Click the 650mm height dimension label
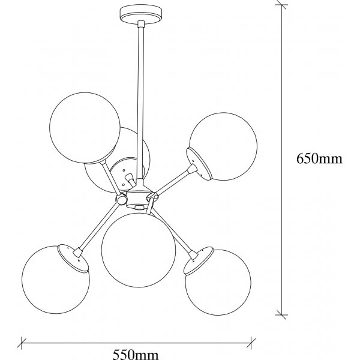(x=319, y=158)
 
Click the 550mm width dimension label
(x=136, y=355)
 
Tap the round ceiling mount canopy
(x=141, y=15)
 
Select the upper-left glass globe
(x=85, y=128)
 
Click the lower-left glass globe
(x=56, y=280)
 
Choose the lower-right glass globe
(x=218, y=283)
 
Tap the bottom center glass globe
(x=139, y=250)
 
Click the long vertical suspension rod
(x=140, y=101)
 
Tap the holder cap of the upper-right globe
(x=199, y=164)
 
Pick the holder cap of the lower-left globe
(x=73, y=258)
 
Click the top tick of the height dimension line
(x=282, y=5)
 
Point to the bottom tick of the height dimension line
(x=282, y=315)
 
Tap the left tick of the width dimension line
(x=22, y=343)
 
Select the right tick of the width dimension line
(x=251, y=343)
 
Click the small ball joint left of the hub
(x=121, y=200)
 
